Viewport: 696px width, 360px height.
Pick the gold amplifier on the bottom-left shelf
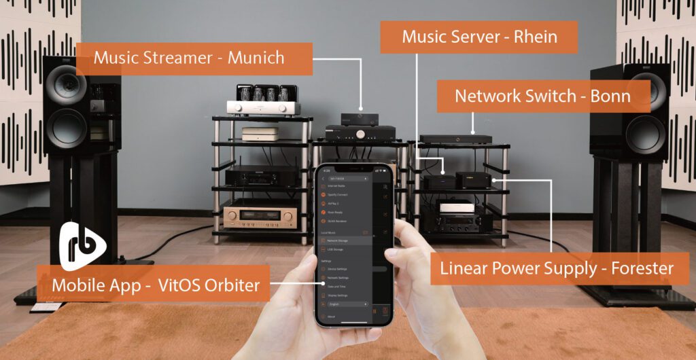coord(260,216)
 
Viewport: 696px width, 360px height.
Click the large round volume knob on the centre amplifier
coord(358,134)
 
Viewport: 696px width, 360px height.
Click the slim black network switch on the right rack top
coord(455,139)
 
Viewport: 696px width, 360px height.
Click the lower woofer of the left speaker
coord(66,127)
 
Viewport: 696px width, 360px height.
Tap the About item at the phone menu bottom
coord(332,317)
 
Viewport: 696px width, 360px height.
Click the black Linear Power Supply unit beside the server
coord(474,180)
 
